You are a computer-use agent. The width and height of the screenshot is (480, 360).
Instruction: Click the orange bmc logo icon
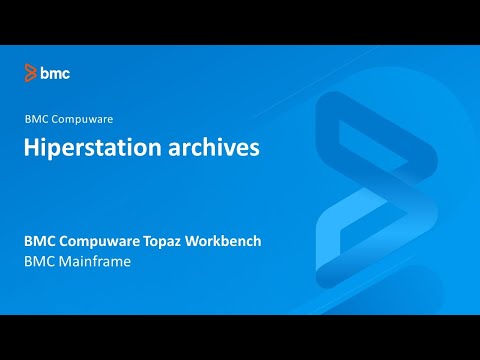[x=31, y=72]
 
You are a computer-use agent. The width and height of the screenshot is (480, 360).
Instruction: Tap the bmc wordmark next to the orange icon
[x=55, y=72]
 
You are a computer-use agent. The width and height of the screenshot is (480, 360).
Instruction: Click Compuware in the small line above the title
[x=82, y=120]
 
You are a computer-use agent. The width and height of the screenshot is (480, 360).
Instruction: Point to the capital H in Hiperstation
[x=32, y=148]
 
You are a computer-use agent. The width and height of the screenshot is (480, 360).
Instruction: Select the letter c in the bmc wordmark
[x=66, y=73]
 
